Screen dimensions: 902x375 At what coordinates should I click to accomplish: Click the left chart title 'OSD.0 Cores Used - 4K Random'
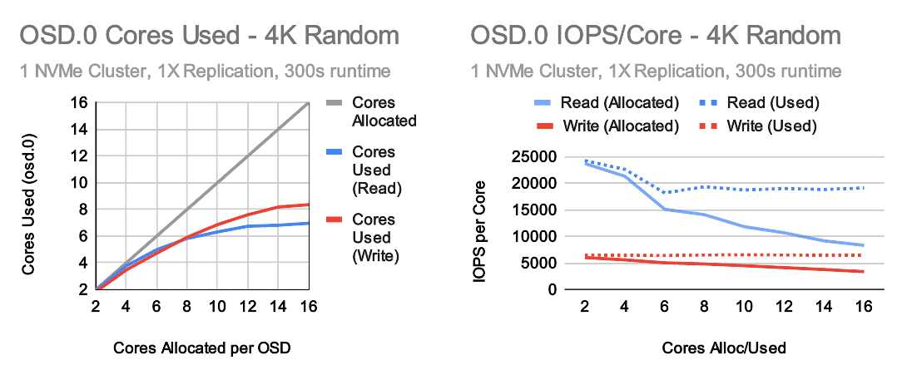click(210, 36)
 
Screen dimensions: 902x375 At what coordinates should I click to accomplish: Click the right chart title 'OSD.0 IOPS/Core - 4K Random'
click(656, 36)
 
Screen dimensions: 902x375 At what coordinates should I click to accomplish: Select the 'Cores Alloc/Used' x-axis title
click(724, 348)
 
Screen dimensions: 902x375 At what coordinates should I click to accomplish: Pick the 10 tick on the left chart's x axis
click(216, 307)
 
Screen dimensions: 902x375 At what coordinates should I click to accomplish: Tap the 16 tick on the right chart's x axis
click(864, 307)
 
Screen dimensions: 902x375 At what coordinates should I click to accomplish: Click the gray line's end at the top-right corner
click(310, 103)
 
